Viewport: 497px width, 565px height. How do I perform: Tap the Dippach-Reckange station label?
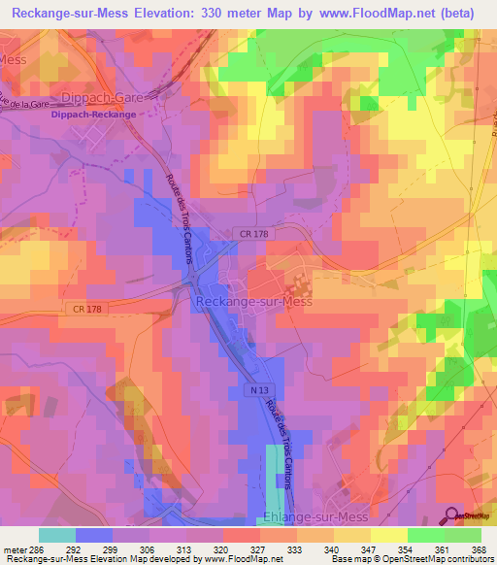[x=94, y=114]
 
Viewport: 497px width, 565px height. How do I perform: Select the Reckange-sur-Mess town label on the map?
[x=254, y=303]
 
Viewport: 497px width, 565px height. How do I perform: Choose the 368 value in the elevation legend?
[x=478, y=548]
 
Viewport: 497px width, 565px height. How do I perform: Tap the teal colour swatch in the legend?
[x=57, y=535]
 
